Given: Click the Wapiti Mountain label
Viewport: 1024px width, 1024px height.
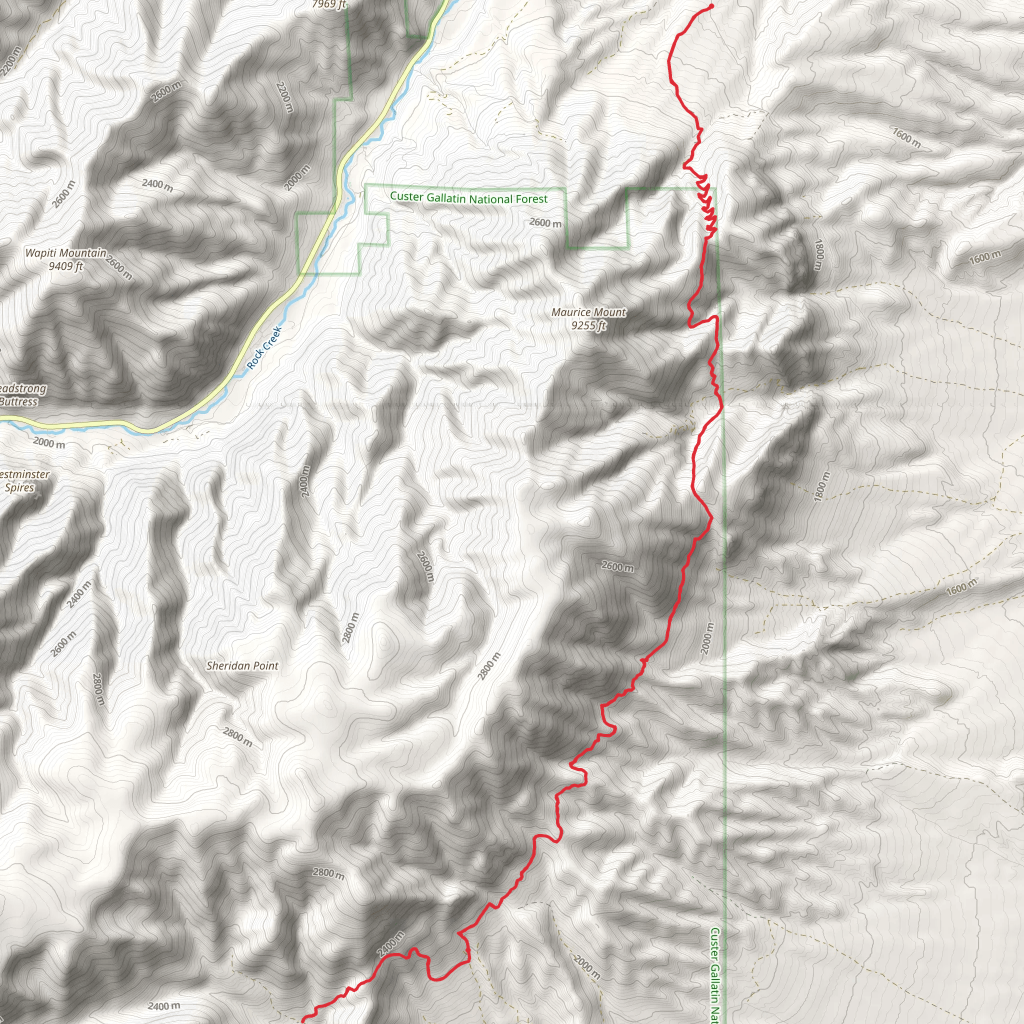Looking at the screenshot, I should tap(65, 253).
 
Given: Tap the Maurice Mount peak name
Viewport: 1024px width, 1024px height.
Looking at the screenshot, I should tap(588, 312).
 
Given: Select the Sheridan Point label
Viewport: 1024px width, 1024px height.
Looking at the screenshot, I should tap(242, 665).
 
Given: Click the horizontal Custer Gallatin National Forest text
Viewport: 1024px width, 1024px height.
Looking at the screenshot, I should tap(468, 198).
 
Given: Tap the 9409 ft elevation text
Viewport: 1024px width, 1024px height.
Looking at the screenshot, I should tap(65, 266).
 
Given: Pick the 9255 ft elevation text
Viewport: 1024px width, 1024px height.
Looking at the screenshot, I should tap(588, 325).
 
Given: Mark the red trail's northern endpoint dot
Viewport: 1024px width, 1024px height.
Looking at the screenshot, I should tap(711, 6).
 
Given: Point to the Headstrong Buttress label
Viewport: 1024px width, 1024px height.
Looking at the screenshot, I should tap(21, 395).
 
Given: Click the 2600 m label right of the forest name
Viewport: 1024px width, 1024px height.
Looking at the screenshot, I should tap(545, 223).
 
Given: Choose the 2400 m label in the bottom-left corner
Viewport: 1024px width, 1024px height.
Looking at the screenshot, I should tap(164, 1006).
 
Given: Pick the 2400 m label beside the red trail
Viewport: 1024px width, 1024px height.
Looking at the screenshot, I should tap(390, 944).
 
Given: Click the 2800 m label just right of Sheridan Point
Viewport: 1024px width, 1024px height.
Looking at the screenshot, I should tap(350, 628).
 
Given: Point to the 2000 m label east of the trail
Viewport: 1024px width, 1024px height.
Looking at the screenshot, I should tap(707, 637).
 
